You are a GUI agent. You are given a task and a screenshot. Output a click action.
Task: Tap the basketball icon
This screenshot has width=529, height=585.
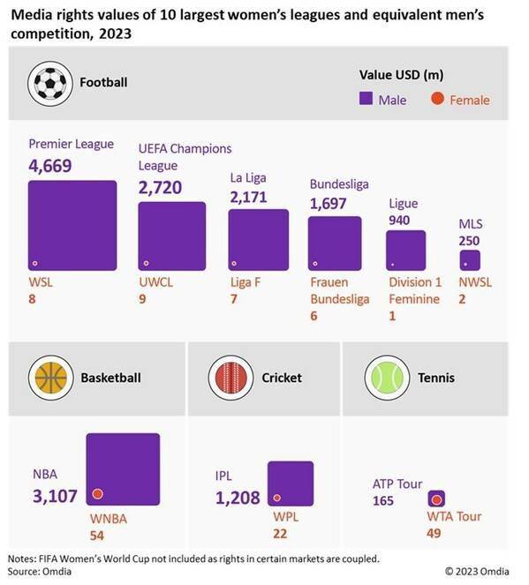51,378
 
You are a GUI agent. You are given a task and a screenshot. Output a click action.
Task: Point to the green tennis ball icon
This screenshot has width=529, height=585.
386,378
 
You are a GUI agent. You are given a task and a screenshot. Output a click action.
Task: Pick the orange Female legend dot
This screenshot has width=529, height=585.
437,100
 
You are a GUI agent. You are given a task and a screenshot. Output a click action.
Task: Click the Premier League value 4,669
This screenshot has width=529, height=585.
50,166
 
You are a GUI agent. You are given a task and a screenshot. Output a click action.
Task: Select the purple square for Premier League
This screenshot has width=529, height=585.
72,225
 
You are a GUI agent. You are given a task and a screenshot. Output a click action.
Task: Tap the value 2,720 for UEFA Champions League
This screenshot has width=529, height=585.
160,187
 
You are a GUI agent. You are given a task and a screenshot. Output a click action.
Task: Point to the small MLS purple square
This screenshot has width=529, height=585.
470,260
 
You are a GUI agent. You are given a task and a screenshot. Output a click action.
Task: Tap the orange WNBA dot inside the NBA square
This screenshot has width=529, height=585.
98,493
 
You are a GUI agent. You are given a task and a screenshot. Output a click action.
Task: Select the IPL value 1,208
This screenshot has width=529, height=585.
238,497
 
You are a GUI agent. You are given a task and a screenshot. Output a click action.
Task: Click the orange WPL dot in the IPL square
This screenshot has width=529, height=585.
277,497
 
